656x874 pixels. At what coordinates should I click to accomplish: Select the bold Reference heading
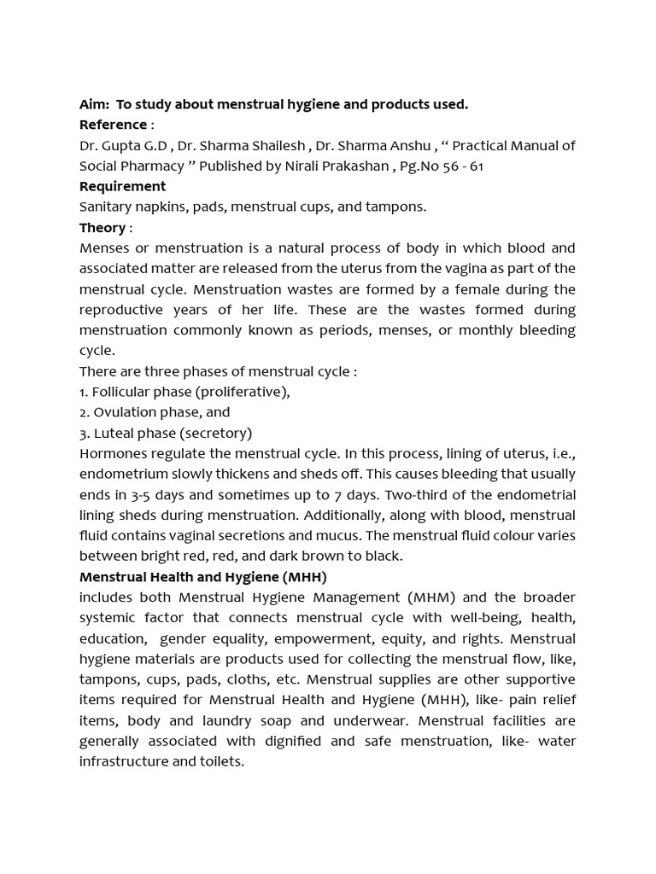click(113, 125)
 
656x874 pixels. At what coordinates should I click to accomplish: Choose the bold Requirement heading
click(122, 186)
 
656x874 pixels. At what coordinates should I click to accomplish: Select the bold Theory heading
click(102, 227)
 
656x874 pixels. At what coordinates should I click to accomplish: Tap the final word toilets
click(221, 761)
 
